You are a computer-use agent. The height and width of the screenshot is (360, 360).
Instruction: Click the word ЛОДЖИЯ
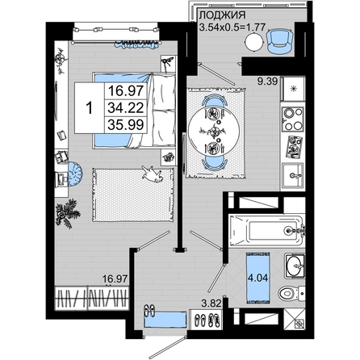(222, 15)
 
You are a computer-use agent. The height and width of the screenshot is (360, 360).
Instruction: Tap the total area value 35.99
(126, 125)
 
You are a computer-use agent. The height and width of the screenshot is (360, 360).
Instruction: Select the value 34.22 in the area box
(126, 108)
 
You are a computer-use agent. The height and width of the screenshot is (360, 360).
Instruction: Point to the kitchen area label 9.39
(267, 81)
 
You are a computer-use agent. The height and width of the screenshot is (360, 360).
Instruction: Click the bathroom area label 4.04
(258, 278)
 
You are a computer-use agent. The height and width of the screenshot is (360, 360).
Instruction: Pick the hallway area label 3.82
(211, 303)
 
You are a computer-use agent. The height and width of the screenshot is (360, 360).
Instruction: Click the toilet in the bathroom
(291, 293)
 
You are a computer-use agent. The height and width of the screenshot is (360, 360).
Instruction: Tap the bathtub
(266, 230)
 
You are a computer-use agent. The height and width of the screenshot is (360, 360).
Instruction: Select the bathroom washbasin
(295, 266)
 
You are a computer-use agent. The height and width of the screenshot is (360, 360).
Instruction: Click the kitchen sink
(293, 175)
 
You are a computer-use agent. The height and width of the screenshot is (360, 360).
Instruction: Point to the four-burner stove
(293, 119)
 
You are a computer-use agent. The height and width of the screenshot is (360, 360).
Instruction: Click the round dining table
(214, 132)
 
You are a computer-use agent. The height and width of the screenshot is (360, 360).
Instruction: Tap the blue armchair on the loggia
(279, 41)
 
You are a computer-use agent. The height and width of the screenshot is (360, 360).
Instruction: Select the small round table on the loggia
(253, 43)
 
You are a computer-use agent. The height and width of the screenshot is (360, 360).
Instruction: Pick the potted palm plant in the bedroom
(66, 213)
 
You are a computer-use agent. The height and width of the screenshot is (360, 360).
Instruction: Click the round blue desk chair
(75, 174)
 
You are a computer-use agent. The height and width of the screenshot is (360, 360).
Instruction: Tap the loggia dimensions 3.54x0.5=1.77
(232, 27)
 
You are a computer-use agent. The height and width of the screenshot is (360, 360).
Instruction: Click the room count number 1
(90, 108)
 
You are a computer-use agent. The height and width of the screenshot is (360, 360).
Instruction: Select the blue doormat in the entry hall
(165, 320)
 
